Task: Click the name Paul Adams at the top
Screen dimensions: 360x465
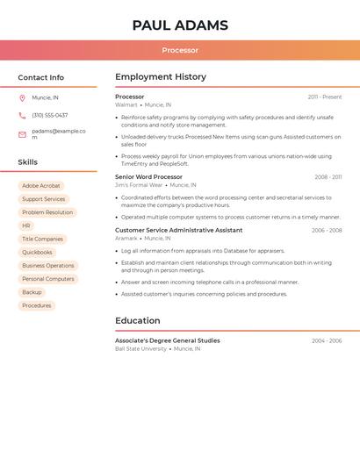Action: (180, 25)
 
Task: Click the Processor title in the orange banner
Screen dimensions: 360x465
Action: (180, 50)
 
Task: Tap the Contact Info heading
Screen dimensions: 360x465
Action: (41, 77)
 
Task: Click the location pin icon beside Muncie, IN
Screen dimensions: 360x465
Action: (22, 97)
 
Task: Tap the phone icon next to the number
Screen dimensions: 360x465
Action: (22, 115)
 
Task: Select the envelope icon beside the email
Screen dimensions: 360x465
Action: (22, 134)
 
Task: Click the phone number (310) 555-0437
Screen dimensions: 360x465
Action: (50, 115)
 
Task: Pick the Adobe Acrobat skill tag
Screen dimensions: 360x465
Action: (41, 186)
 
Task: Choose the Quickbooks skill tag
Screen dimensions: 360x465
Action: (37, 253)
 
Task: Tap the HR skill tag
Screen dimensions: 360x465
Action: (26, 225)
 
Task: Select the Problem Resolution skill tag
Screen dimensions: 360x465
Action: (47, 212)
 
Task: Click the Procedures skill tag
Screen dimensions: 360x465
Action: (37, 305)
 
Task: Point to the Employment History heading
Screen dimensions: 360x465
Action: (161, 77)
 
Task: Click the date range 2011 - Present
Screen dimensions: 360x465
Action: (325, 97)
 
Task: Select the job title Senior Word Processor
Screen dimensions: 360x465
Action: (148, 176)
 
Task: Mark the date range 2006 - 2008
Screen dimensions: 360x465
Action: (327, 230)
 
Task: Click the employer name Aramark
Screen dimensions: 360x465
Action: (126, 238)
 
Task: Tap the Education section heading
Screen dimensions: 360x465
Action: (138, 320)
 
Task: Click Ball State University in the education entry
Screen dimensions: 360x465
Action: (140, 348)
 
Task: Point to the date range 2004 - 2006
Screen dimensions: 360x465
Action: (327, 340)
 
